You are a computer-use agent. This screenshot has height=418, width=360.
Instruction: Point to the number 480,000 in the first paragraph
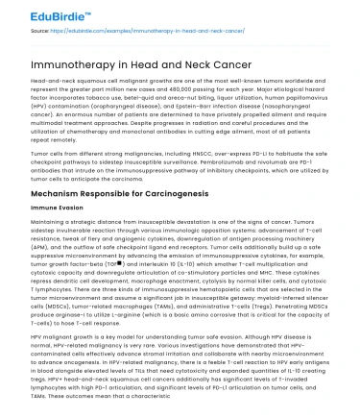[186, 89]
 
